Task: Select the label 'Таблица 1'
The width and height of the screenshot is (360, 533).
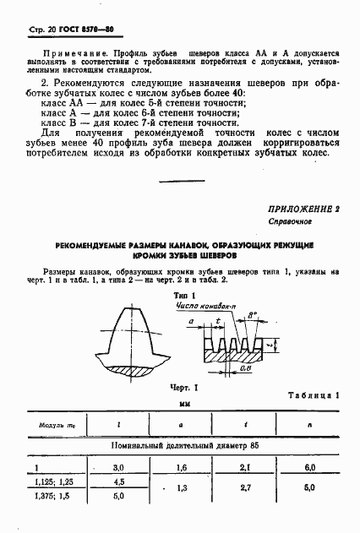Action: [x=314, y=395]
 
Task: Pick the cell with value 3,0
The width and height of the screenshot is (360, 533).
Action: [x=118, y=466]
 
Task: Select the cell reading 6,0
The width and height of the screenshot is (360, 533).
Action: [x=309, y=466]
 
